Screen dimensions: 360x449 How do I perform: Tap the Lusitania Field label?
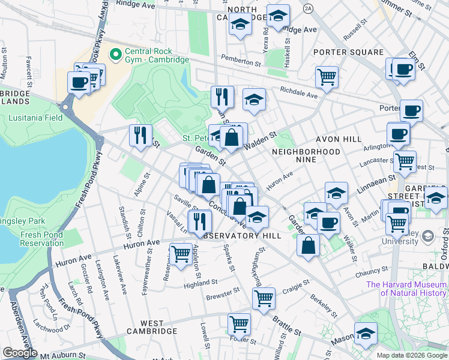click(x=35, y=118)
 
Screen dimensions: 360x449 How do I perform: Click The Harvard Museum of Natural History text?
click(x=406, y=289)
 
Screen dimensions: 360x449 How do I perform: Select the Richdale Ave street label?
click(x=298, y=94)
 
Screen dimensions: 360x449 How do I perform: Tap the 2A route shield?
click(x=309, y=8)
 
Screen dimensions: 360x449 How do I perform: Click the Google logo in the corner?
click(x=20, y=353)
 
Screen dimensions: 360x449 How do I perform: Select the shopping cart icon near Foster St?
click(x=239, y=324)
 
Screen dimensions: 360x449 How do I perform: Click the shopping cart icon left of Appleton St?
click(x=181, y=253)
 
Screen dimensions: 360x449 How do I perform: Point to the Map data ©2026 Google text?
click(x=411, y=355)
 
